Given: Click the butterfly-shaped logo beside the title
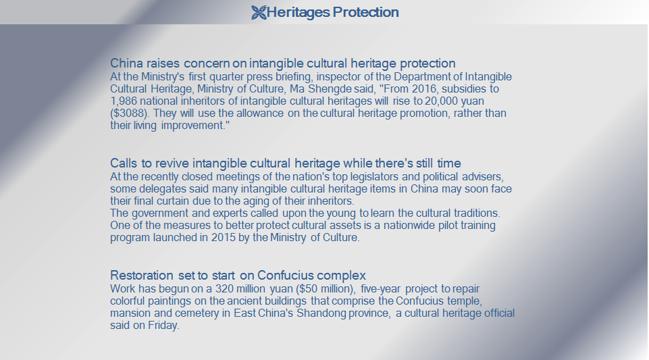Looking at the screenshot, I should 259,12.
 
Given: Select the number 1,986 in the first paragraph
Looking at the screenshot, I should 123,101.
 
